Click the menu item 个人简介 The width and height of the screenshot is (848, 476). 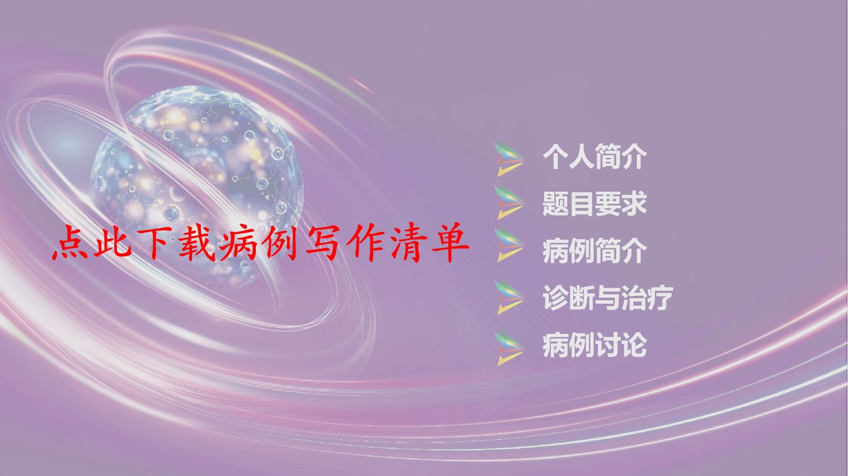click(594, 157)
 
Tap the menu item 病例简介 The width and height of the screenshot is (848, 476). click(594, 251)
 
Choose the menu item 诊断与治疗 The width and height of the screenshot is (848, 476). click(608, 298)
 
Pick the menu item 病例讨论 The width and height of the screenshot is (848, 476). click(594, 345)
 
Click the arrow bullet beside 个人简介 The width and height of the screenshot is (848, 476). click(509, 158)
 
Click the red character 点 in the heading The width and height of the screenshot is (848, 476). click(70, 244)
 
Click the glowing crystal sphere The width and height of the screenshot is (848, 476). click(197, 185)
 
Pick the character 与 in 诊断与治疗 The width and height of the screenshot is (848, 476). click(608, 298)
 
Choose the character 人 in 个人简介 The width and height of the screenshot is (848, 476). click(581, 157)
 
